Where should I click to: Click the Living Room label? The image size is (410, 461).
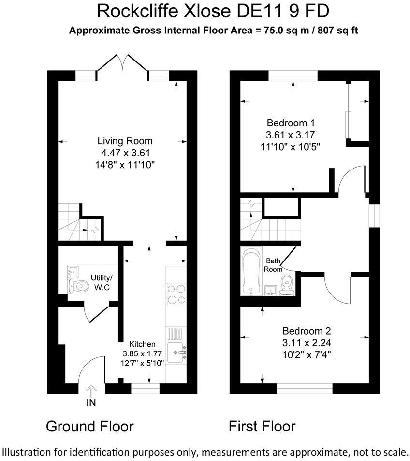coord(125,141)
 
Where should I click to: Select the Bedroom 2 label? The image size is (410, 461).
coord(307,331)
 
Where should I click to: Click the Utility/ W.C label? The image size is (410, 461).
coord(101,283)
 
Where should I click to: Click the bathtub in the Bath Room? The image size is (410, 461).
coord(250,271)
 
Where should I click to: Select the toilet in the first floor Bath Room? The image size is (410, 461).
coord(286,284)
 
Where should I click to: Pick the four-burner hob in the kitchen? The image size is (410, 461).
coord(176,294)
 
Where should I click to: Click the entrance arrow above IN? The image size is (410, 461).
coord(90,390)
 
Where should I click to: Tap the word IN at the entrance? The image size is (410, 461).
coord(91,403)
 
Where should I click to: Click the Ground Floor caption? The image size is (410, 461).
coord(89,426)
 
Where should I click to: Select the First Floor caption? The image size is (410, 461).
coord(262,426)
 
